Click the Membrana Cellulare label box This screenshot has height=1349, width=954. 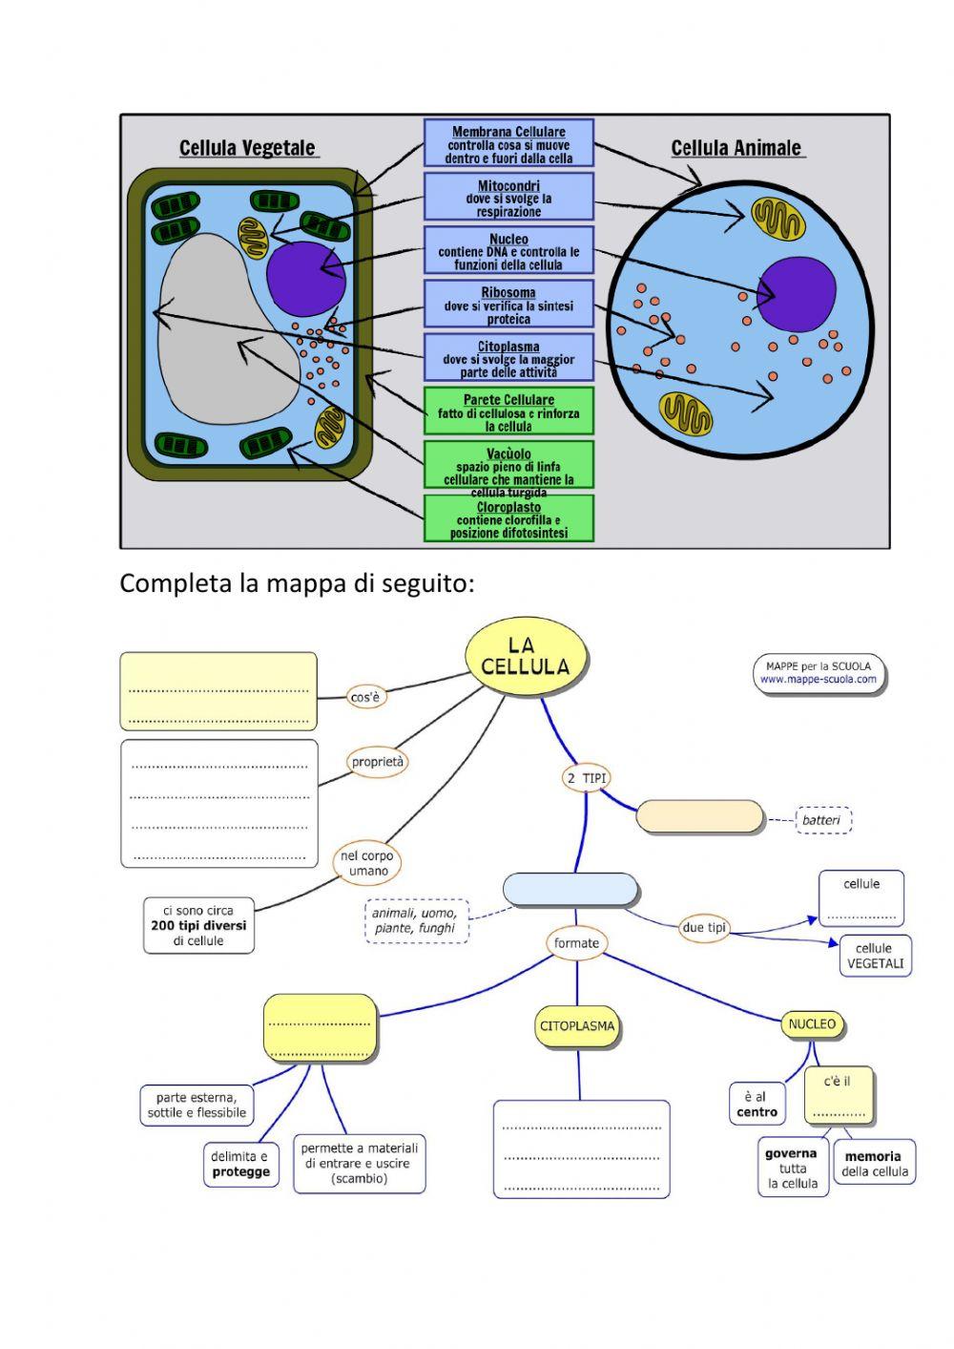coord(508,144)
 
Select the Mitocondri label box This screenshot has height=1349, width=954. coord(508,198)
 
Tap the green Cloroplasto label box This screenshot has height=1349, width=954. coord(508,519)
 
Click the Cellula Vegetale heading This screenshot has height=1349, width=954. coord(247,148)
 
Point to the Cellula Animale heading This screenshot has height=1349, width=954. coord(736,148)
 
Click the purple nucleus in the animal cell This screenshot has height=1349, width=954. coord(796,295)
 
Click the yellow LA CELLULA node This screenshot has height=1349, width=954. coord(525,657)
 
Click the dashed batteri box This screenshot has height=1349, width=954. coord(821,820)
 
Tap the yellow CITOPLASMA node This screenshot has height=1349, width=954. coord(577,1026)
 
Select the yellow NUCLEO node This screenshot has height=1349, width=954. coord(812,1024)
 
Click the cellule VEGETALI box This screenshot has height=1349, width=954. coord(874,956)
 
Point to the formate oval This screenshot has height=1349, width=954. coord(576,943)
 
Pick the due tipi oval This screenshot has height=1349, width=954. coord(704,927)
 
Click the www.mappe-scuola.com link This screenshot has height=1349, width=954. coord(819,680)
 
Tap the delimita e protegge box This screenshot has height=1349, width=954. coord(240,1164)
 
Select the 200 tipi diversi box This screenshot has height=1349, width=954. coord(198,925)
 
